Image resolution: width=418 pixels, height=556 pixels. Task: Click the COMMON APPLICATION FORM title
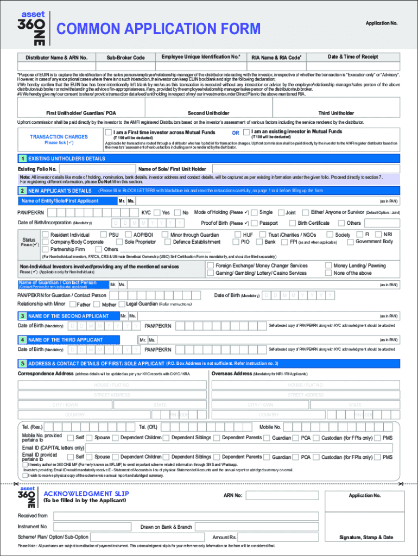(159, 29)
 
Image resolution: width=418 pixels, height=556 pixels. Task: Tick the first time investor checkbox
(108, 132)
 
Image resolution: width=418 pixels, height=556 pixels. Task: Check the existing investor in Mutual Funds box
(246, 132)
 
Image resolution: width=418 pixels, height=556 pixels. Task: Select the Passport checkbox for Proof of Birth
(255, 223)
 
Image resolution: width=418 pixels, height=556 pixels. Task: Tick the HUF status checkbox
(230, 235)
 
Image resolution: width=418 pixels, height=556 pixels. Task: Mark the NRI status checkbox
(378, 235)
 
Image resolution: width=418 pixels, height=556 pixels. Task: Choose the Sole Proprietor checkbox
(119, 242)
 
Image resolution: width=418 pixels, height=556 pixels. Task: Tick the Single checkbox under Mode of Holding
(254, 213)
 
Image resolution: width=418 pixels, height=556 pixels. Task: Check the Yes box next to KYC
(157, 213)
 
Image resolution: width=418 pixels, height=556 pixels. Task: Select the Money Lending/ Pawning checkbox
(328, 266)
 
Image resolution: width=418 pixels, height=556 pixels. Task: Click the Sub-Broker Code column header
(125, 58)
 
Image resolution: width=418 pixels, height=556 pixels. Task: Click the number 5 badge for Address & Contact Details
(22, 363)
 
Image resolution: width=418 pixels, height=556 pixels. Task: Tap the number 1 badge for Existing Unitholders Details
(22, 159)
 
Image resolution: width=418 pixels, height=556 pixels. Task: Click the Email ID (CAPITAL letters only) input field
(239, 447)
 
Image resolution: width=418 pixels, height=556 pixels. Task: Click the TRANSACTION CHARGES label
(59, 137)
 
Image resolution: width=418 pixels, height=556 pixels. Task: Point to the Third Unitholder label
(336, 113)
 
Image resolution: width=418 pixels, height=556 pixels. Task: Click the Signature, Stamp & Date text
(366, 538)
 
